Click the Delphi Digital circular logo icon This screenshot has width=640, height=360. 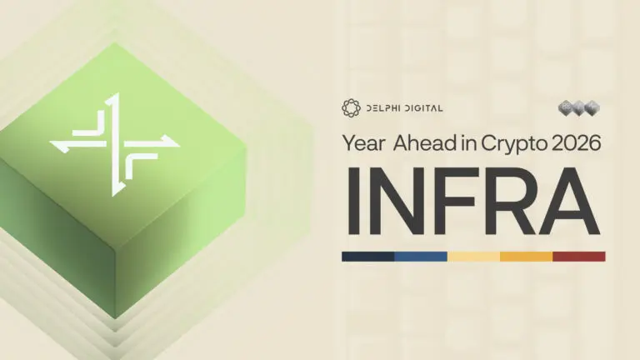coord(350,107)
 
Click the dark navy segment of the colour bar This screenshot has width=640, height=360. coord(367,257)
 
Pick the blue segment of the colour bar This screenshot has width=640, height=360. coord(421,257)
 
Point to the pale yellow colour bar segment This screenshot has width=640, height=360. coord(473,257)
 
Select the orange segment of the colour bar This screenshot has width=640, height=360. coord(526,257)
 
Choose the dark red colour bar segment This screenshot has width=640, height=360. coord(579,257)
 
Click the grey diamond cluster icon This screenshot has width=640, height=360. coord(579,108)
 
